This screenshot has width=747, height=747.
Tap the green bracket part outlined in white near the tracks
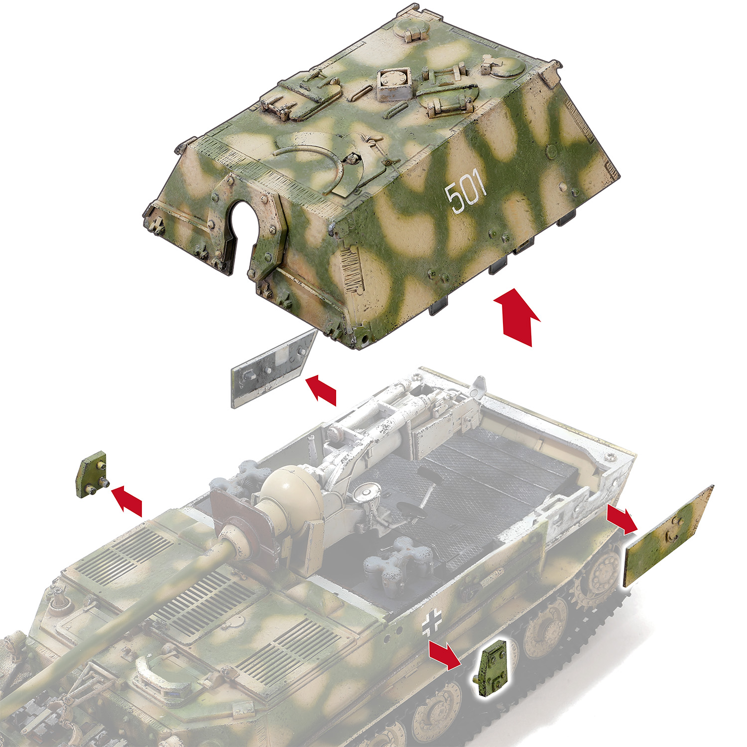[x=492, y=667]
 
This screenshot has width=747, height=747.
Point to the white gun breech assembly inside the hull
[x=393, y=413]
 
